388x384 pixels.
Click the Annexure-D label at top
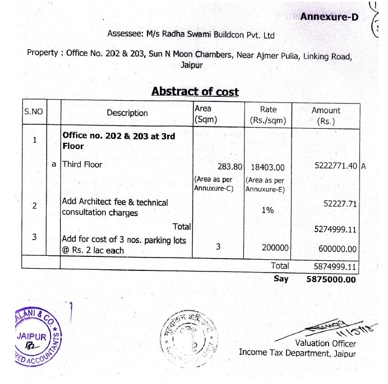pyautogui.click(x=329, y=16)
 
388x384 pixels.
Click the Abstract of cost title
pyautogui.click(x=195, y=92)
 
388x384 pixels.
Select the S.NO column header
pyautogui.click(x=34, y=111)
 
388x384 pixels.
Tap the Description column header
pyautogui.click(x=127, y=113)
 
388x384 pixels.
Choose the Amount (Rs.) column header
pyautogui.click(x=326, y=115)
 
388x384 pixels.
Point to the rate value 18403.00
pyautogui.click(x=268, y=167)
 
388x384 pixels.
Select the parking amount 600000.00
pyautogui.click(x=336, y=249)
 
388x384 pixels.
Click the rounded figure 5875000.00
pyautogui.click(x=331, y=279)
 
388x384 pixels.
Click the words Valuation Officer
pyautogui.click(x=325, y=343)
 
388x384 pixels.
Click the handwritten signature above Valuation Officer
pyautogui.click(x=325, y=327)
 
